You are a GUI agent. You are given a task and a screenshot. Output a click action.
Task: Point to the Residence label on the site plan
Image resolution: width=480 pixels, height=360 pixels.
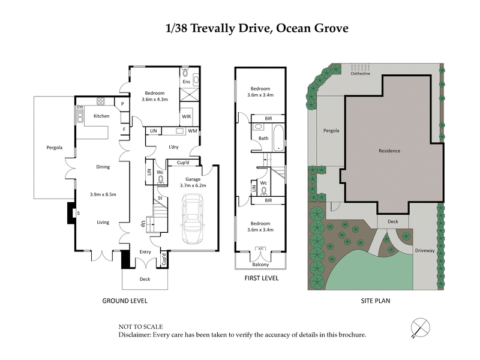389,151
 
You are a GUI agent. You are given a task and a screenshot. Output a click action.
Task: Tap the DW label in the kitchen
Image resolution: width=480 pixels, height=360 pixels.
79,107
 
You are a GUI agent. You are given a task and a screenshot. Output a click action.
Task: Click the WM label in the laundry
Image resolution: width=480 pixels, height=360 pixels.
193,131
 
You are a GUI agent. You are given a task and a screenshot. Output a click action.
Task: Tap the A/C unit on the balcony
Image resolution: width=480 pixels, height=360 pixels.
260,248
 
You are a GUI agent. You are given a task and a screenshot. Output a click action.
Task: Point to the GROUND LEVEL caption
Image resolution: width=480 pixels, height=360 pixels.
125,300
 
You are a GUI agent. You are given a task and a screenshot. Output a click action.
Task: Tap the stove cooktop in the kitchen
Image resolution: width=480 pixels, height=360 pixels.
101,101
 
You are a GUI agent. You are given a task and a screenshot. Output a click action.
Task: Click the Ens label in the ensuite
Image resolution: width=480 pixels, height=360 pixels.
186,82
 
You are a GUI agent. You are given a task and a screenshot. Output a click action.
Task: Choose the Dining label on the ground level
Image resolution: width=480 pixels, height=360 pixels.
103,167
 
